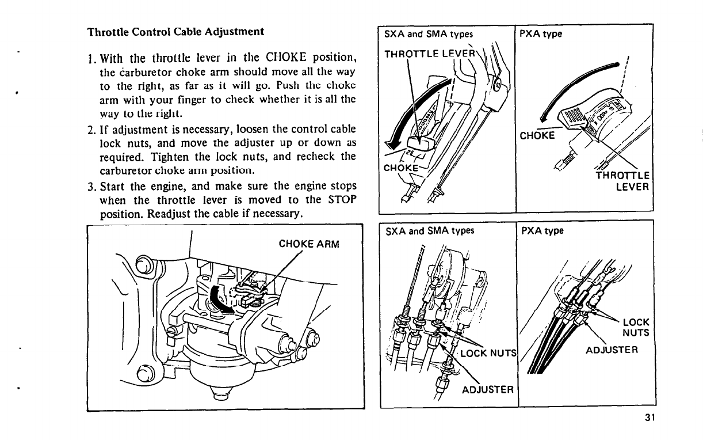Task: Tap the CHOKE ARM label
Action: click(309, 244)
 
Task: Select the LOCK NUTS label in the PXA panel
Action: click(636, 327)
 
